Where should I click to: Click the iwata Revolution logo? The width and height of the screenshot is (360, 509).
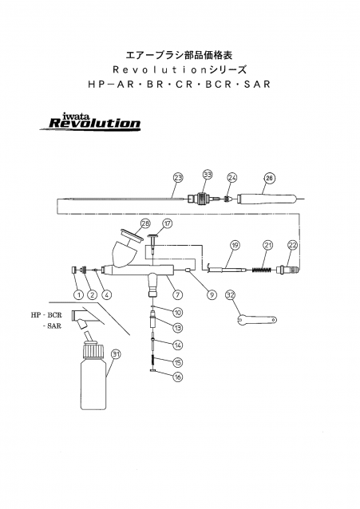[x=94, y=121]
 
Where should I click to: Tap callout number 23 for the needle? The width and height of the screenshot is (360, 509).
[x=178, y=176]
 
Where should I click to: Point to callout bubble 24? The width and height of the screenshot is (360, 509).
[x=232, y=177]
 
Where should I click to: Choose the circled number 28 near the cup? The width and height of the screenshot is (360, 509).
[x=145, y=223]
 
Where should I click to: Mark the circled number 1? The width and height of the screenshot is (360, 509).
[x=79, y=294]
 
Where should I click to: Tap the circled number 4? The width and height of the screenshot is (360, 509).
[x=106, y=294]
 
